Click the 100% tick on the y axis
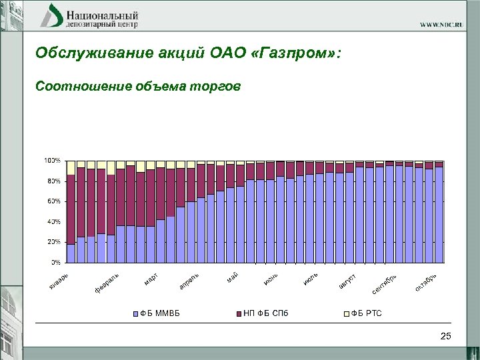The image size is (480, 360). [53, 161]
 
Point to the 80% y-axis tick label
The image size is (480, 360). [53, 181]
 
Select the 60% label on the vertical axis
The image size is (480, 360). [53, 201]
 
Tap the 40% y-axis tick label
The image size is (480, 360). [53, 221]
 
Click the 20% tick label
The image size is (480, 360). [53, 241]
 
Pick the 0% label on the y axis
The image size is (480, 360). [56, 261]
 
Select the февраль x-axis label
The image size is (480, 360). [107, 282]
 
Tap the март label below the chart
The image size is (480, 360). [151, 278]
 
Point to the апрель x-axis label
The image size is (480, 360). [189, 281]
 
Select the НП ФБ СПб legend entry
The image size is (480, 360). [262, 313]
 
